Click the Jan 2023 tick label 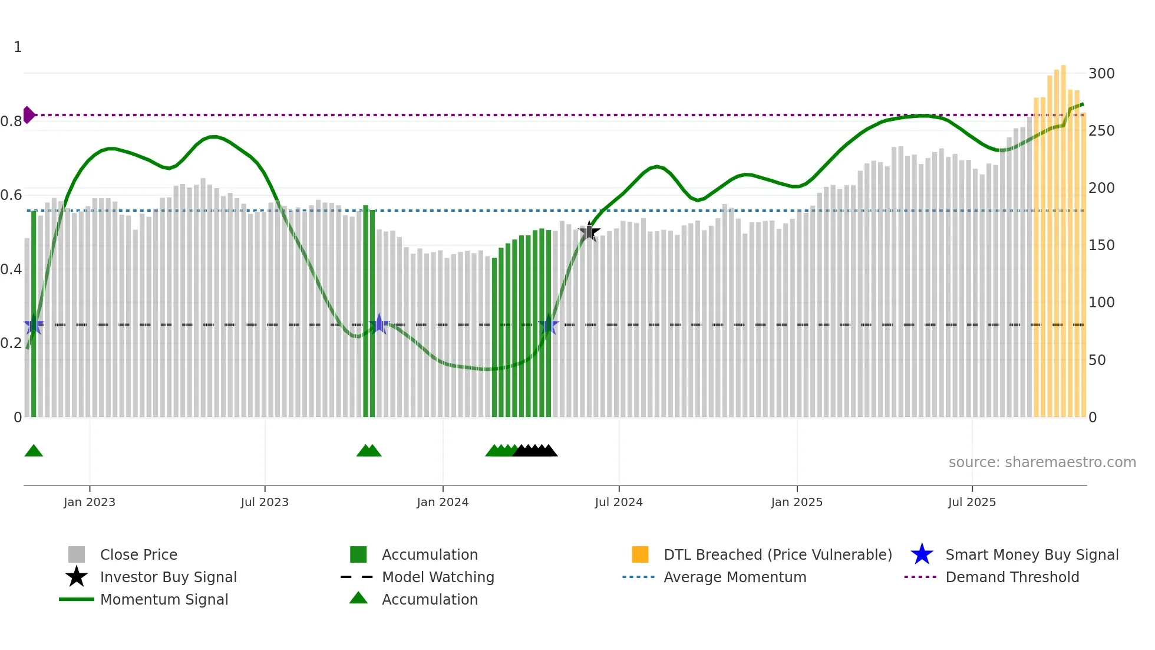pos(90,502)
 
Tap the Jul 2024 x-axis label pos(619,502)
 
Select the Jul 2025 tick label pos(972,502)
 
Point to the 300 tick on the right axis pos(1101,74)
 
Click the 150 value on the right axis pos(1101,245)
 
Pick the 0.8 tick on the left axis pos(11,122)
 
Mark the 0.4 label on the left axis pos(11,270)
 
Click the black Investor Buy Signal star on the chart pos(589,232)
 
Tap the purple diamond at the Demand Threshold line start pos(28,115)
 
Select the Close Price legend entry pos(138,554)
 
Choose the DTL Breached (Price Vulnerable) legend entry pos(777,554)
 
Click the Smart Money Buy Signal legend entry pos(1031,554)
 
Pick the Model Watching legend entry pos(438,577)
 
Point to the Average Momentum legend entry pos(734,577)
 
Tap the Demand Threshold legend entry pos(1012,577)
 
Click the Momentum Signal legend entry pos(164,599)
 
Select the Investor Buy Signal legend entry pos(168,577)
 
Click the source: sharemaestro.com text pos(1042,462)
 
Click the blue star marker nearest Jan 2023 pos(34,324)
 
